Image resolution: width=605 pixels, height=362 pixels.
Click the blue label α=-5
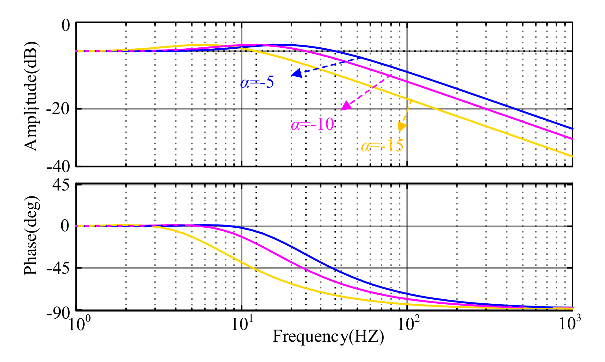(x=257, y=83)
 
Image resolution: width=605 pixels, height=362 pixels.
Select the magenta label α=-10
(x=312, y=124)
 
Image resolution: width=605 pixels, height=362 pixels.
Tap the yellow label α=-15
(x=382, y=146)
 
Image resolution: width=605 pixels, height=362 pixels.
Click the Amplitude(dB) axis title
(x=31, y=96)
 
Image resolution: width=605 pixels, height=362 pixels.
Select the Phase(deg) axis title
(x=31, y=235)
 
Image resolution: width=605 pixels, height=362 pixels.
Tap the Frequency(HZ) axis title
(x=328, y=337)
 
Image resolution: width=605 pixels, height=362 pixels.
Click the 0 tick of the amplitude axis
(x=66, y=25)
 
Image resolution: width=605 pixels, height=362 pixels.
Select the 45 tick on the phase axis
(x=61, y=186)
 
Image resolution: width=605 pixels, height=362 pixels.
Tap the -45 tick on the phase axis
(x=58, y=268)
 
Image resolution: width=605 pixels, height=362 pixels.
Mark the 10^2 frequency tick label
(x=406, y=324)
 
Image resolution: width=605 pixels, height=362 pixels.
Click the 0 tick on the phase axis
(x=65, y=226)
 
